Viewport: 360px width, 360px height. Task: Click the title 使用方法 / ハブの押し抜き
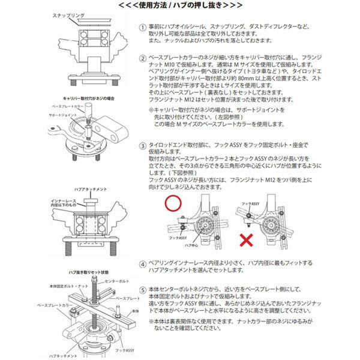(x=179, y=5)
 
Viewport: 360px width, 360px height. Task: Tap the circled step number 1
(x=142, y=28)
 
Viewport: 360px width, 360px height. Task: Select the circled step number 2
(x=142, y=59)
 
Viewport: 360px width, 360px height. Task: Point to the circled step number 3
(x=142, y=145)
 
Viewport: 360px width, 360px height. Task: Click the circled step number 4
(x=142, y=263)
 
